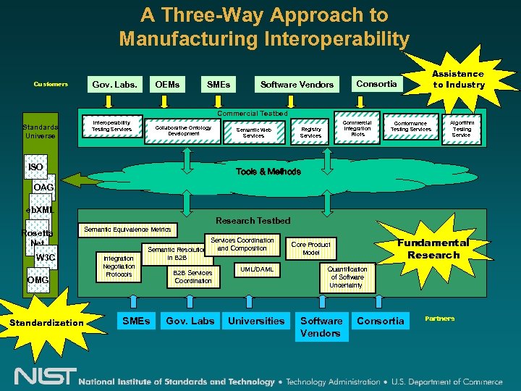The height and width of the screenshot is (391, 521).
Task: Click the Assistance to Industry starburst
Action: click(458, 79)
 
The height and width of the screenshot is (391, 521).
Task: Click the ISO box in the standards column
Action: click(35, 167)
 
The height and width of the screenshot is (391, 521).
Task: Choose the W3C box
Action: click(46, 257)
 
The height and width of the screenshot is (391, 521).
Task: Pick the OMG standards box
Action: click(38, 280)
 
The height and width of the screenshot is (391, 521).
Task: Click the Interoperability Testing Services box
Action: click(111, 126)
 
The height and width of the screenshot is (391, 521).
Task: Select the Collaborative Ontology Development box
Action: click(183, 130)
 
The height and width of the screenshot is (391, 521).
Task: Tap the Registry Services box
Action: click(310, 132)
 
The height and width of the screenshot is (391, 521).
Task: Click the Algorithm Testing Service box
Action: click(461, 129)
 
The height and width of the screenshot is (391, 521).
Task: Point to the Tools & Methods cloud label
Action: click(268, 172)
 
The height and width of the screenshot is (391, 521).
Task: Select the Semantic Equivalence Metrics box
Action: click(127, 230)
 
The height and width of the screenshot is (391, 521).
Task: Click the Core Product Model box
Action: click(310, 248)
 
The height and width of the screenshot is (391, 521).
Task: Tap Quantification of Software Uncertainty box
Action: click(347, 277)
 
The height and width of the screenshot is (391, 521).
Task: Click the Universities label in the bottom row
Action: click(256, 321)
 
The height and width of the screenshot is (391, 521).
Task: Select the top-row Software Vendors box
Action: click(297, 84)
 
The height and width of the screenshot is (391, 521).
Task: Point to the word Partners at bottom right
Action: click(439, 319)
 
